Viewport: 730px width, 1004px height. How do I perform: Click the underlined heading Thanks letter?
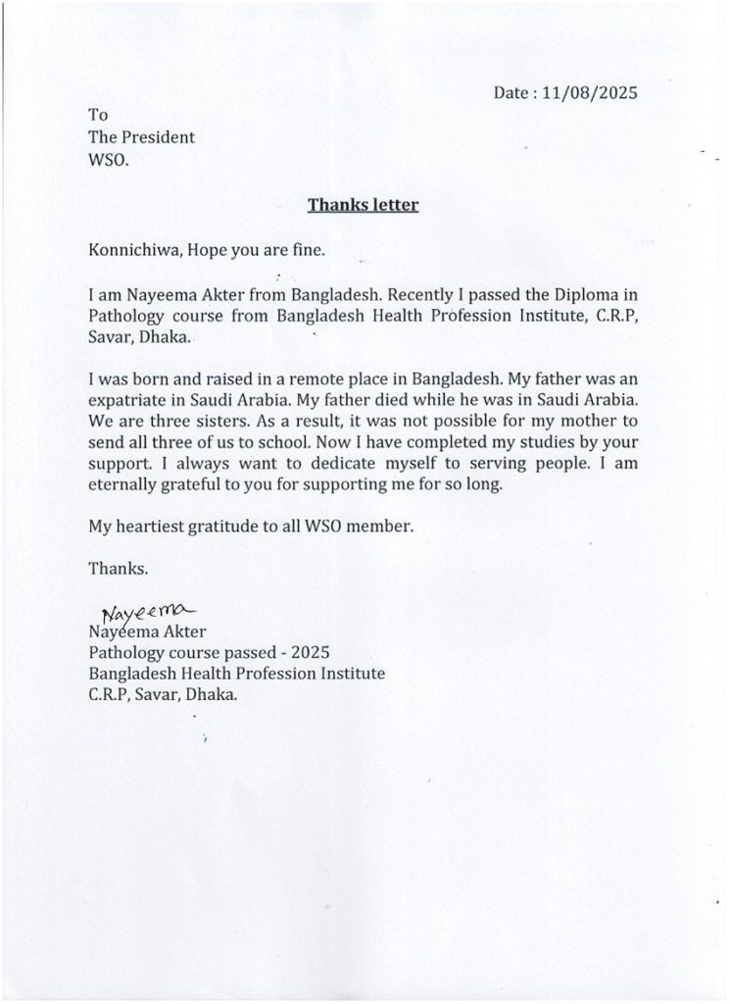tap(364, 205)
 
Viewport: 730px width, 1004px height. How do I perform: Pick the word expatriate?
tap(127, 400)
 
